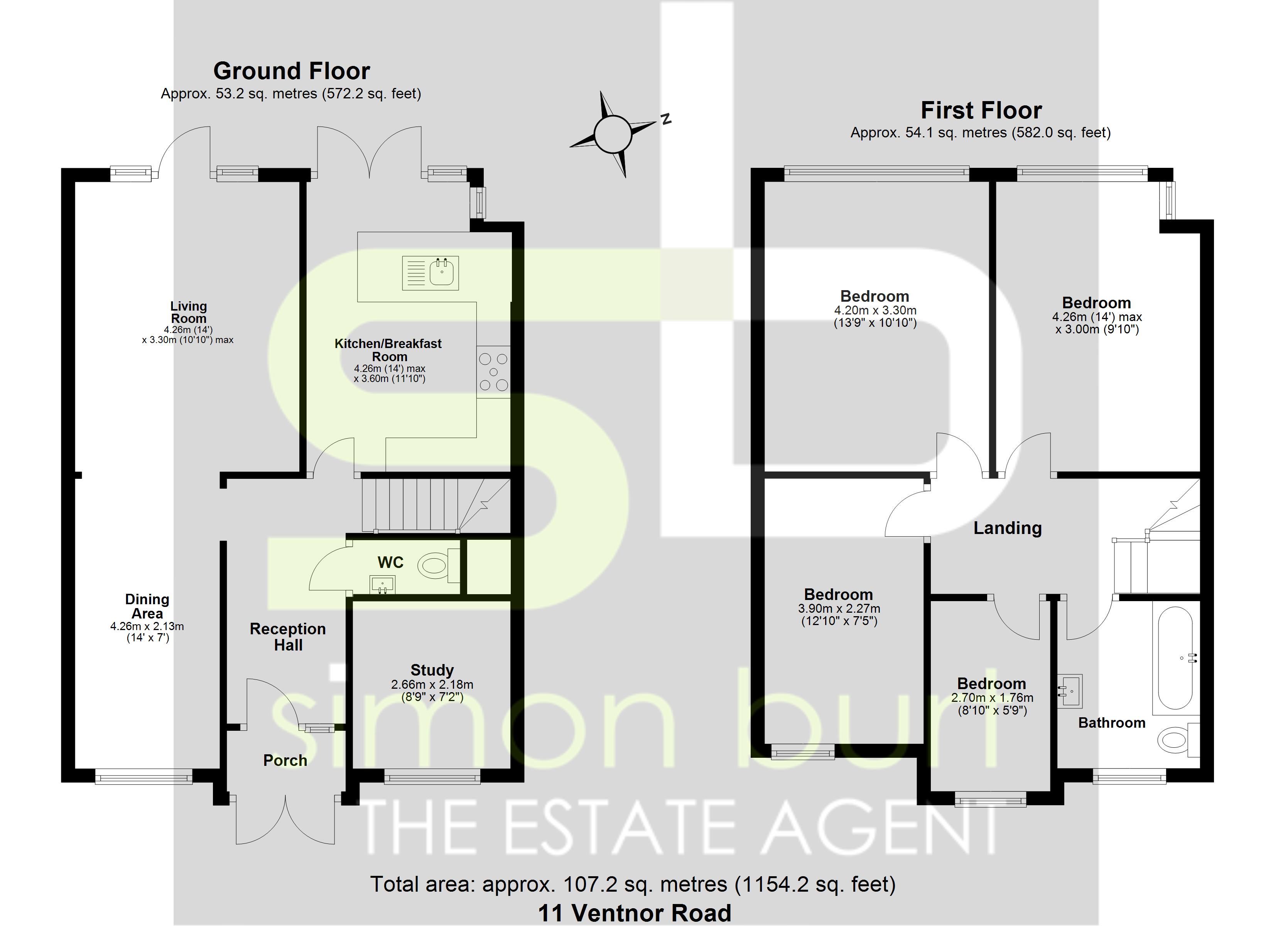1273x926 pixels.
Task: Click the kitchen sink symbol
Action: point(431,273)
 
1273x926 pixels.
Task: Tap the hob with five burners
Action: point(493,372)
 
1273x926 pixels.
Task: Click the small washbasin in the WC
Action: point(383,585)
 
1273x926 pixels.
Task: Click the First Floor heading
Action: point(981,111)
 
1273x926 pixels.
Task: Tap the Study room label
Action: point(432,670)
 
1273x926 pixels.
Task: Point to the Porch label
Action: point(285,760)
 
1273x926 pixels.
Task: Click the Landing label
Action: point(1008,528)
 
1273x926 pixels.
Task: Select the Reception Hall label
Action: point(288,637)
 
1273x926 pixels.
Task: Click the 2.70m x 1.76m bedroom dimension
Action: point(992,698)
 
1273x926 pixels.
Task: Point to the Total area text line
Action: point(633,884)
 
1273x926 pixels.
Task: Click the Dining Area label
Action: point(147,607)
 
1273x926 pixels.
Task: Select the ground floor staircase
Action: point(427,504)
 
